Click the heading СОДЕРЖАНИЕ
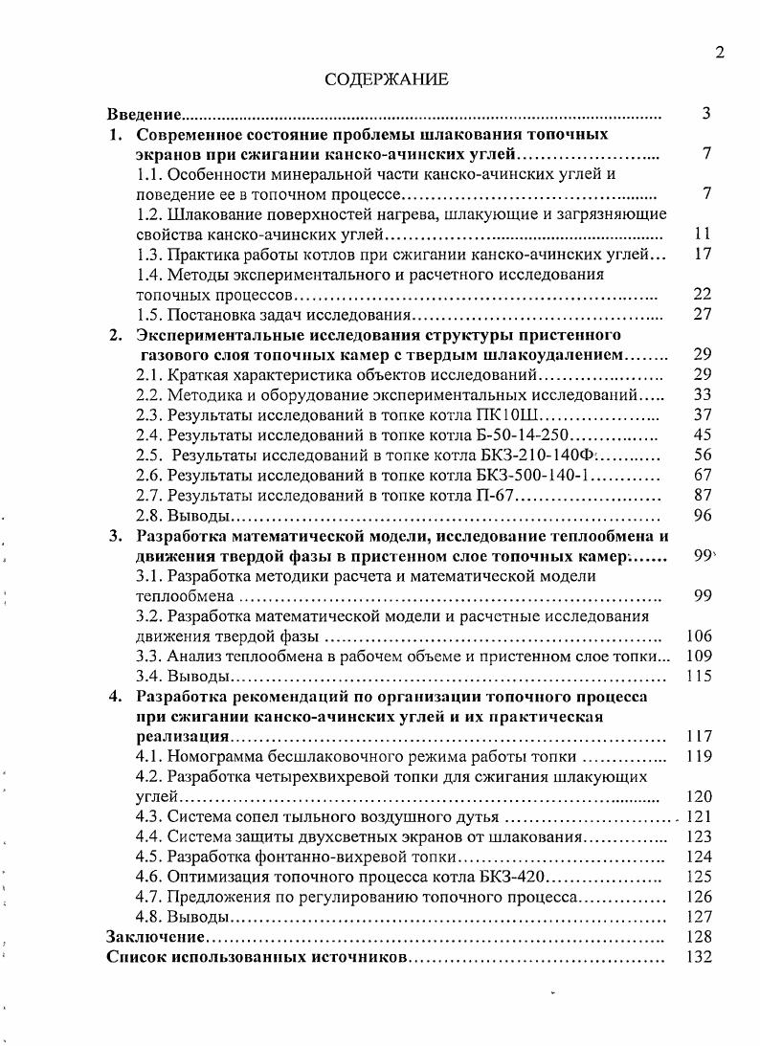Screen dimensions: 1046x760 point(386,78)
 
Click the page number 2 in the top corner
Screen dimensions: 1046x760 point(719,53)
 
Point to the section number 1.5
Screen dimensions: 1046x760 point(151,315)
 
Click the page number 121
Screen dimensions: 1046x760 point(701,816)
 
